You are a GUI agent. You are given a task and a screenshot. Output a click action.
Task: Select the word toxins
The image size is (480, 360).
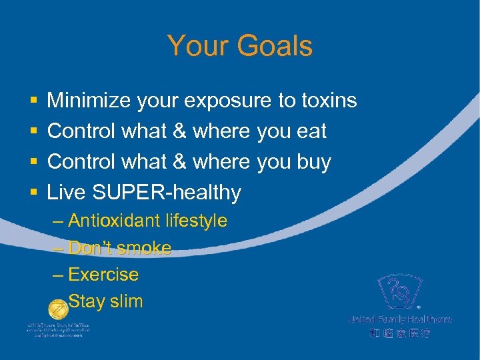point(328,101)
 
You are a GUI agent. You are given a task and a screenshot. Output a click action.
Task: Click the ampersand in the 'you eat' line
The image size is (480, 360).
point(179,131)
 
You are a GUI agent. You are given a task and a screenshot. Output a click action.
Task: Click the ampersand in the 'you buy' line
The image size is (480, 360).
point(179,162)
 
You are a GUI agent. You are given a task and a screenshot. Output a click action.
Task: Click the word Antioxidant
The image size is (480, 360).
point(115,221)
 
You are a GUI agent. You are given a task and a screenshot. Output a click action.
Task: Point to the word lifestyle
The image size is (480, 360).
point(197,221)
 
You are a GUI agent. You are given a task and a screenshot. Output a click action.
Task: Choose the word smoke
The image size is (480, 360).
point(143,248)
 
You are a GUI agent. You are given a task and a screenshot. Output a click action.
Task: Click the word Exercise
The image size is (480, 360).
point(103,275)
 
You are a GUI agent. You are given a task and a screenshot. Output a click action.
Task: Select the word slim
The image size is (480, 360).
point(126,302)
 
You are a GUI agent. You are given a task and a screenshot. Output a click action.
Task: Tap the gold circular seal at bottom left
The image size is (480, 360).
point(59,309)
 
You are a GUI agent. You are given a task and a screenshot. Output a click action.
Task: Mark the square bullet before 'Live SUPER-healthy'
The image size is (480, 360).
point(33,193)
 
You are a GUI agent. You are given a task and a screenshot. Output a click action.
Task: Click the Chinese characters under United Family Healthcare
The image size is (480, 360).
point(399,333)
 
